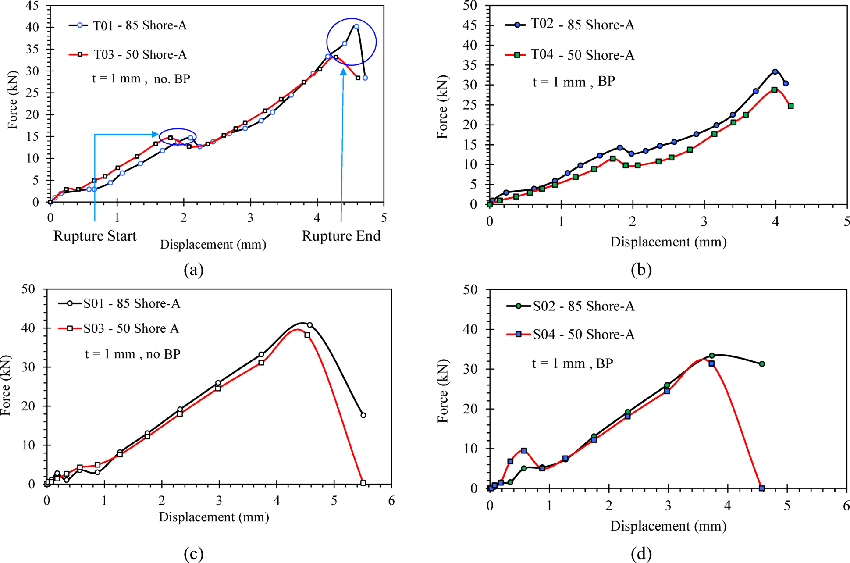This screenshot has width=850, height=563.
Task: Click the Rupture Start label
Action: tap(95, 236)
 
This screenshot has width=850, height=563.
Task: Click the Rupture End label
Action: tap(341, 236)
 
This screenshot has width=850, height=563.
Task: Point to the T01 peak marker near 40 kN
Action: tap(356, 26)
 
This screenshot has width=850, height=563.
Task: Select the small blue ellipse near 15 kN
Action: tap(178, 137)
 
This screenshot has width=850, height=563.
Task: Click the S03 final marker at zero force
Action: tap(363, 483)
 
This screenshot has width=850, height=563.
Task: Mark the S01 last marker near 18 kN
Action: tap(363, 415)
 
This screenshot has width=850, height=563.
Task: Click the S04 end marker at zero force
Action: tap(761, 488)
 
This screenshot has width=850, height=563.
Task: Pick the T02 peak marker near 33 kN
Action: tap(775, 71)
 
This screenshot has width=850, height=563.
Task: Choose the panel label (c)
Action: tap(193, 554)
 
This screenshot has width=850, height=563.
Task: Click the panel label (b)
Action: tap(641, 269)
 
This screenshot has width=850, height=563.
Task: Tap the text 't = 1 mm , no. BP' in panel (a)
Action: tap(141, 79)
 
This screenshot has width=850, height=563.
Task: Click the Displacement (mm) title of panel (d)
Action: tap(668, 526)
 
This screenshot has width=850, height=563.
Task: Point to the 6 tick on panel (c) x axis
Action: tap(391, 501)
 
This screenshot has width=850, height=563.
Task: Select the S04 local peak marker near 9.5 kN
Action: tap(524, 451)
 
